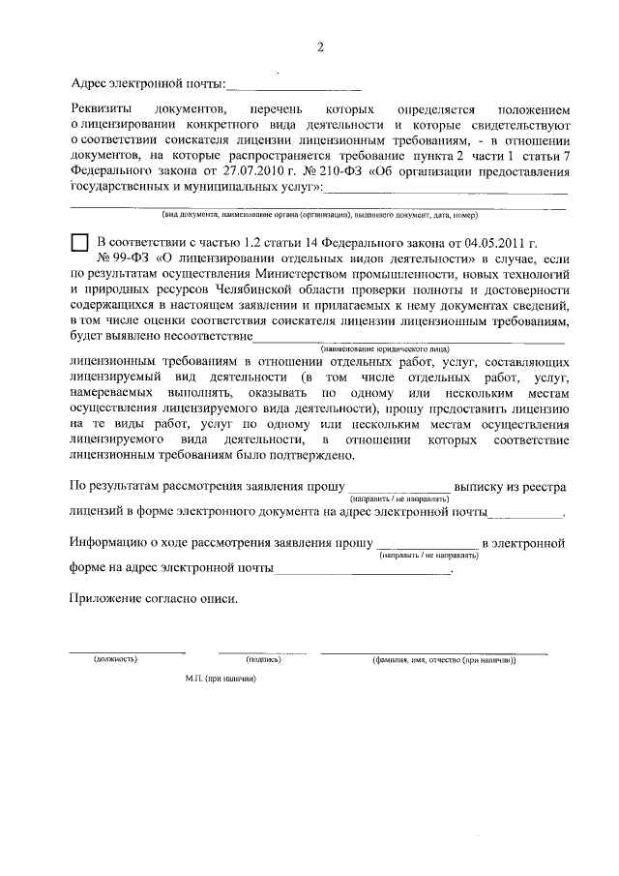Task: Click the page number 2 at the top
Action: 319,48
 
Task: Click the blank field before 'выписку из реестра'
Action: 398,486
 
